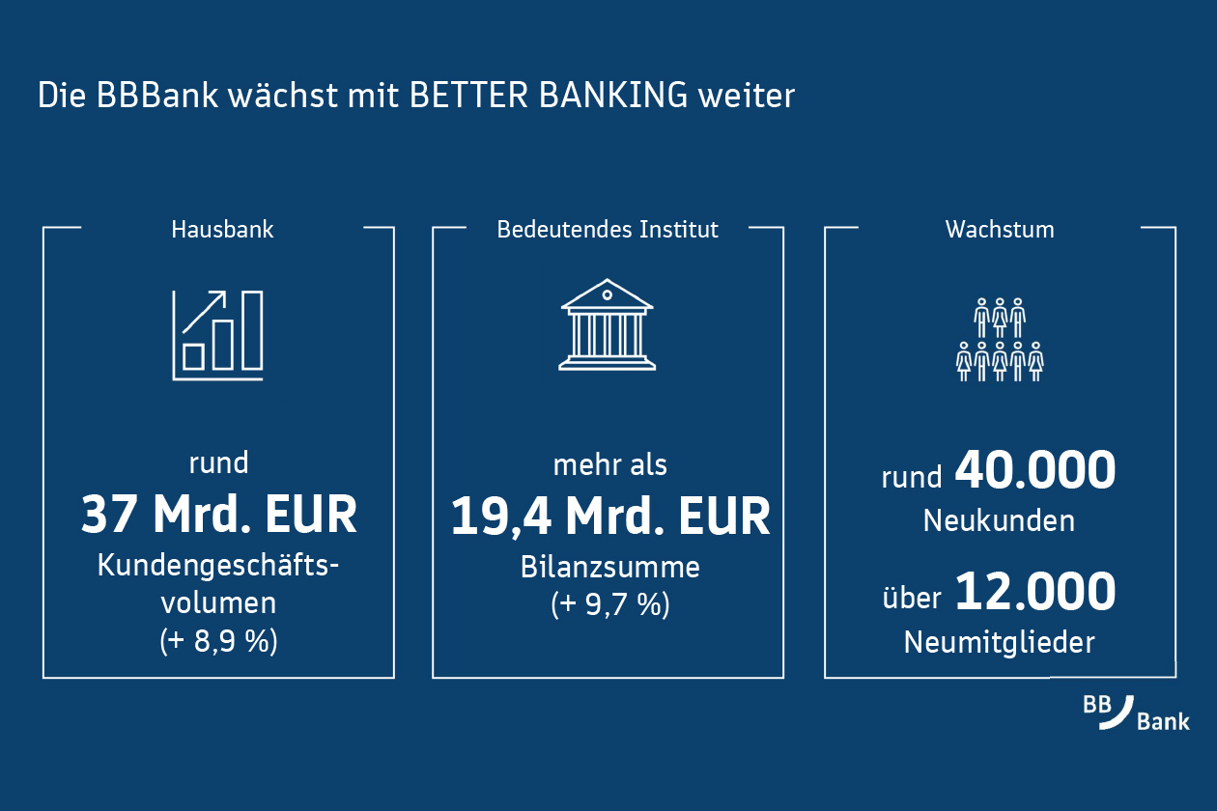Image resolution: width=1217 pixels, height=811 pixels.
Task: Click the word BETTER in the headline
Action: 468,95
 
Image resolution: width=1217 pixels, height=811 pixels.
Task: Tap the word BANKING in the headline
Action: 613,95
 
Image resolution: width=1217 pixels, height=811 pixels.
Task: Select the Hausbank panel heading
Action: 222,229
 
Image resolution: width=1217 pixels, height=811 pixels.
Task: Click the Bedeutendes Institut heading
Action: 608,229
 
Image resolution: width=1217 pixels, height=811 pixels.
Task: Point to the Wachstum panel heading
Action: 1000,229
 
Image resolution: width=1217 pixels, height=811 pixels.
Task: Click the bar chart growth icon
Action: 218,335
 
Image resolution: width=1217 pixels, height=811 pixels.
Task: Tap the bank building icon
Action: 608,324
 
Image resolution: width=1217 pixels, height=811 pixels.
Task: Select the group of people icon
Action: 1000,340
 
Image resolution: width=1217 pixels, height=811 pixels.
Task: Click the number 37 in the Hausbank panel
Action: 108,514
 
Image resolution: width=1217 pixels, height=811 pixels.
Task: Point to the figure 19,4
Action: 501,516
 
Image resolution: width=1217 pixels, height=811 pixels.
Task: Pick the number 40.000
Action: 1035,470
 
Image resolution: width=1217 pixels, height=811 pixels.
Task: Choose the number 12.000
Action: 1035,591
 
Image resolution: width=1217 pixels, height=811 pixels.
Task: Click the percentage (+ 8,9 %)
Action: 219,640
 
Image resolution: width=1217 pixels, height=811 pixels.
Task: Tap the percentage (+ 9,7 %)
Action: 610,604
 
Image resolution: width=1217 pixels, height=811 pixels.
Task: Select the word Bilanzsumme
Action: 610,567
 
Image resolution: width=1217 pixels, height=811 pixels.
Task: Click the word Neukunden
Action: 999,520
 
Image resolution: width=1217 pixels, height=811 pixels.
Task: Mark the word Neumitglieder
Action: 999,642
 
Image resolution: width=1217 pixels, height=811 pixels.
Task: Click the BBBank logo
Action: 1136,713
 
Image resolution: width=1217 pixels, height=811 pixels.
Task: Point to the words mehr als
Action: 610,465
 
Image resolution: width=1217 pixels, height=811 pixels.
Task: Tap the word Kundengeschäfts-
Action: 218,566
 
